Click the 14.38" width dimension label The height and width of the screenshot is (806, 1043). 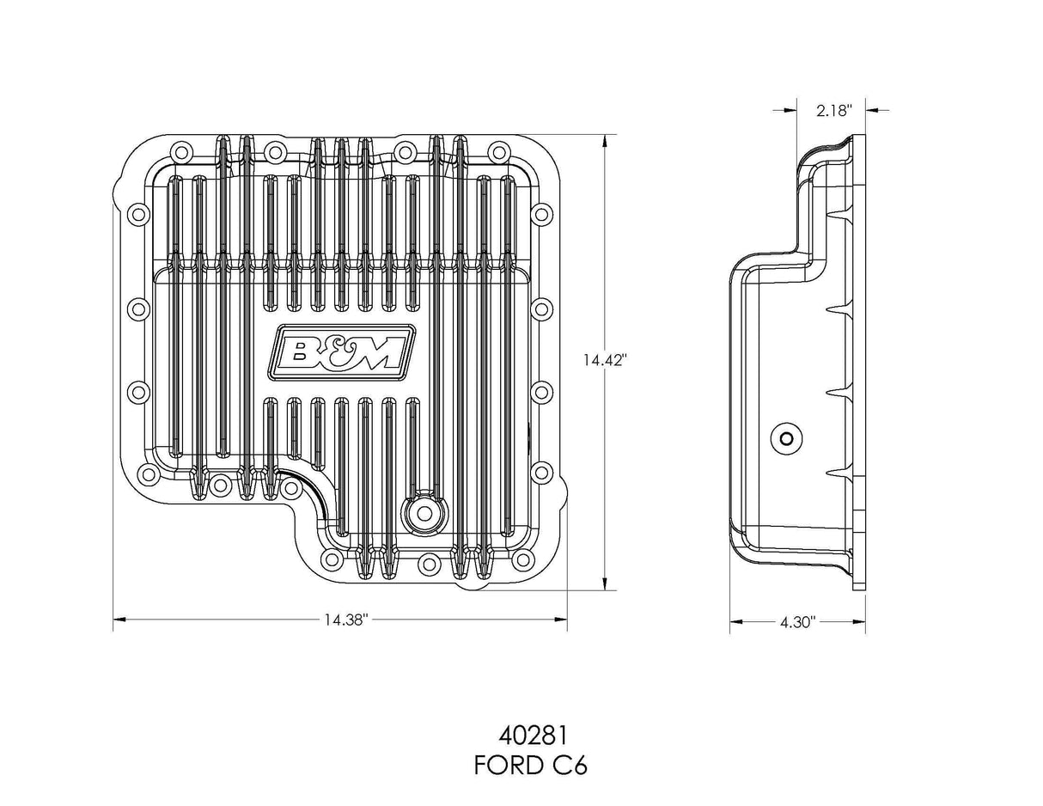tap(346, 620)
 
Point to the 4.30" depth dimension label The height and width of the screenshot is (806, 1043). tap(797, 621)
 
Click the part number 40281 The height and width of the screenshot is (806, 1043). tap(530, 736)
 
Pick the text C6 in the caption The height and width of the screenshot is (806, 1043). tap(571, 766)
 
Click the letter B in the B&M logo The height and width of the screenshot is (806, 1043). tap(307, 351)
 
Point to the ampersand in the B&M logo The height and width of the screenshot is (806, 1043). tap(341, 351)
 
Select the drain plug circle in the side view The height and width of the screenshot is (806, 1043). tap(785, 437)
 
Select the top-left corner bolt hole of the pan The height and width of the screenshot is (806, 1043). tap(181, 153)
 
